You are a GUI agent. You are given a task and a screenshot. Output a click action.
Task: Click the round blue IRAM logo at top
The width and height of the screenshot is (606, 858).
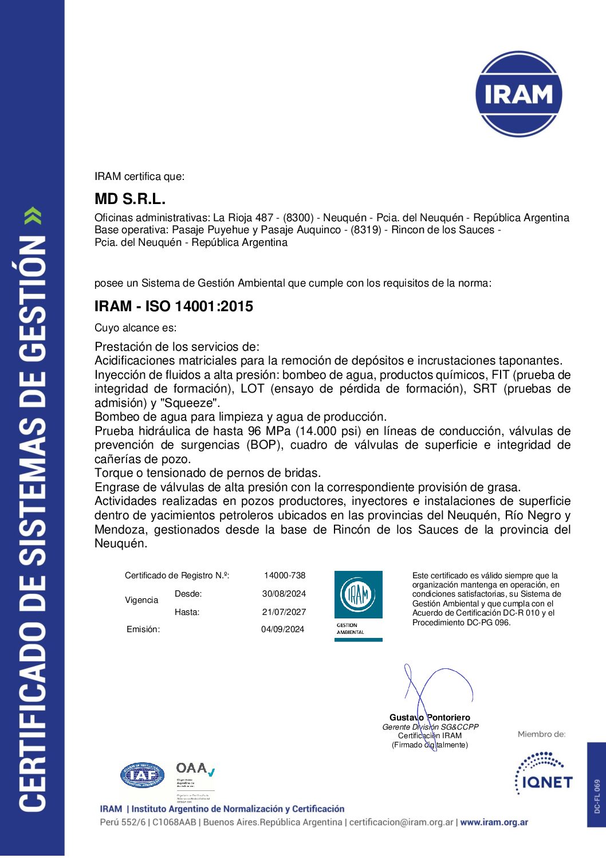tap(518, 94)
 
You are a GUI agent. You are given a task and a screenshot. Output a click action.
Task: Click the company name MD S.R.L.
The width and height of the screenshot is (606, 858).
tap(130, 199)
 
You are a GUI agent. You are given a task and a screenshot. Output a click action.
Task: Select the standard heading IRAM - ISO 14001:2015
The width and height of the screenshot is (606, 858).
tap(174, 307)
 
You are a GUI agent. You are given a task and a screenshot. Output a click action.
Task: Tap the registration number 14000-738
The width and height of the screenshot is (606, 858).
tap(285, 575)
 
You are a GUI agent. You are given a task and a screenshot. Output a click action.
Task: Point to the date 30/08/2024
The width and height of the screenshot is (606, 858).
tap(284, 594)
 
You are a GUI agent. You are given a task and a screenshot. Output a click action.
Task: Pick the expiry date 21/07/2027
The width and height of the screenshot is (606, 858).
tap(284, 612)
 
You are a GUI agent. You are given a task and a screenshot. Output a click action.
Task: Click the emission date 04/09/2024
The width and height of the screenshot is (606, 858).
tap(283, 629)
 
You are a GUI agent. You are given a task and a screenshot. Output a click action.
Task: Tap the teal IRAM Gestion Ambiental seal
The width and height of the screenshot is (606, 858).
tap(359, 605)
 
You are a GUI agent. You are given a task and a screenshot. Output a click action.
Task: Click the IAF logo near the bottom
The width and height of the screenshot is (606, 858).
tap(142, 776)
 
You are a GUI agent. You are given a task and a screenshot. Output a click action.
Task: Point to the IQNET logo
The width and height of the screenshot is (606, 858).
tap(544, 774)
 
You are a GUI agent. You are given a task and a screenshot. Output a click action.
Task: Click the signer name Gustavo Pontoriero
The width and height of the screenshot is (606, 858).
tap(430, 718)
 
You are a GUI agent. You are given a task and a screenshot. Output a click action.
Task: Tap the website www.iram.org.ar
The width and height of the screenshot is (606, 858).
tap(494, 822)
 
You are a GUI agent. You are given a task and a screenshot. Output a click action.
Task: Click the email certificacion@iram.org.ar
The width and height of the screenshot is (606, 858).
tap(401, 822)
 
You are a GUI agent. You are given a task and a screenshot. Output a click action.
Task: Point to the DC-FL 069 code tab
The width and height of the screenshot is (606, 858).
tap(597, 796)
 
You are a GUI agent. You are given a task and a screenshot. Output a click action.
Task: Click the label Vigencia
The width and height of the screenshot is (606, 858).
tap(141, 600)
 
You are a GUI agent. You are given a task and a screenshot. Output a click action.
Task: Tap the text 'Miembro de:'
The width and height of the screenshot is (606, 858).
tap(541, 734)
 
